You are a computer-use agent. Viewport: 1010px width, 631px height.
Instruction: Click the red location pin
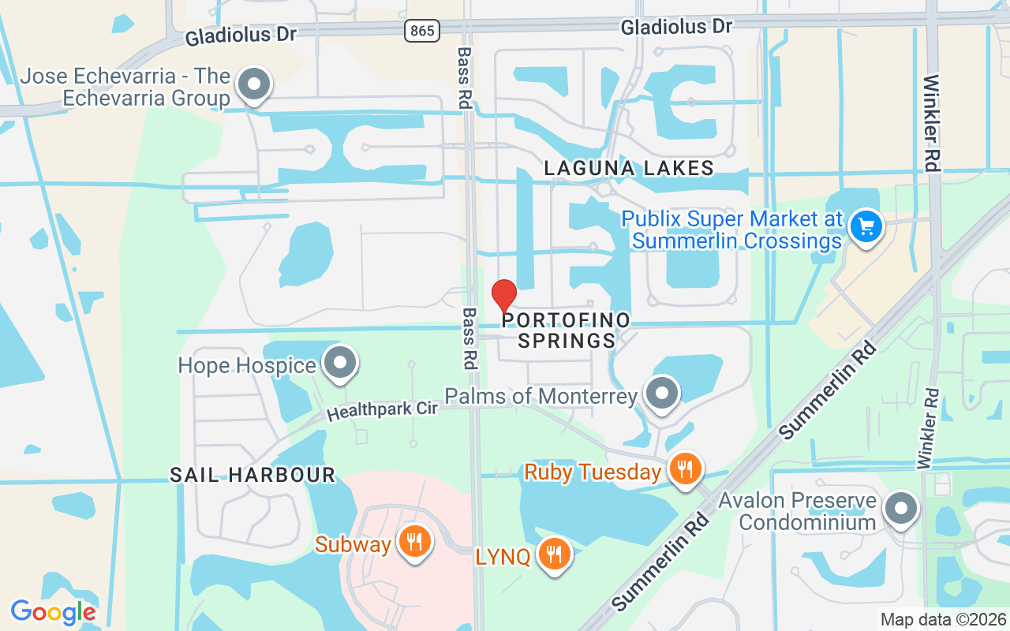click(504, 297)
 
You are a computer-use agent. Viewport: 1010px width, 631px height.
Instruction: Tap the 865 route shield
click(422, 31)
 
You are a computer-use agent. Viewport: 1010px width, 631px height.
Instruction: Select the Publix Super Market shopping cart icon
click(866, 226)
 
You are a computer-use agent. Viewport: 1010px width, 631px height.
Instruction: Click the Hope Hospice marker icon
click(341, 363)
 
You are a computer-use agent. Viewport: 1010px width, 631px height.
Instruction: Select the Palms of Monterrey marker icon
click(661, 393)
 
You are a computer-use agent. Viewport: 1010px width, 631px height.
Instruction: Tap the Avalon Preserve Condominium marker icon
click(900, 508)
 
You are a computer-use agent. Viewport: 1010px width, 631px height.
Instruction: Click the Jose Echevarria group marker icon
click(254, 84)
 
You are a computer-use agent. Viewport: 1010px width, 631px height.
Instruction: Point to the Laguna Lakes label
click(630, 168)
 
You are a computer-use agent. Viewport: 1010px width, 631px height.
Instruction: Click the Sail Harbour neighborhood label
click(252, 475)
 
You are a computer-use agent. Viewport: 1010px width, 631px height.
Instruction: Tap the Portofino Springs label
click(567, 330)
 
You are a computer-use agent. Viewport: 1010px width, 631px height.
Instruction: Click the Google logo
click(53, 612)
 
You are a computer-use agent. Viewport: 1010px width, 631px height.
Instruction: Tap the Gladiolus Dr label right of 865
click(676, 27)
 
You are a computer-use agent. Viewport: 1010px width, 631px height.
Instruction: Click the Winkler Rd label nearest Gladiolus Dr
click(931, 122)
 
